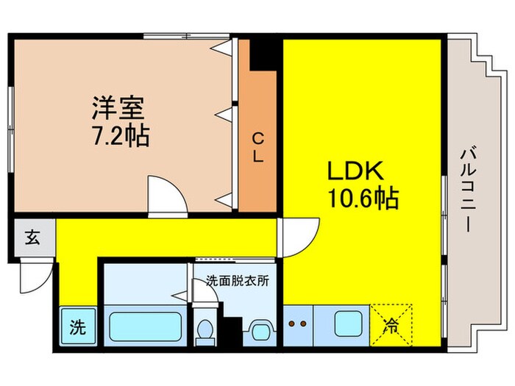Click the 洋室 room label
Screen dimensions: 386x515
coord(118,109)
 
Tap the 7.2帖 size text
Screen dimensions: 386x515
coord(121,136)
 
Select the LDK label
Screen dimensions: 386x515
coord(355,171)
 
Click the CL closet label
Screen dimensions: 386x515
coord(259,146)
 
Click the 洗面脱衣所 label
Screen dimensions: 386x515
coord(237,280)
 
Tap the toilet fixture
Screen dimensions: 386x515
coord(204,329)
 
